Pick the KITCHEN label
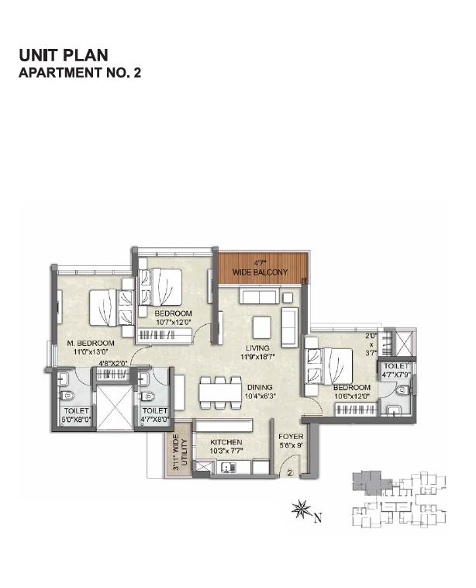click(226, 441)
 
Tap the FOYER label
click(290, 437)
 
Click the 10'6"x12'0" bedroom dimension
click(353, 396)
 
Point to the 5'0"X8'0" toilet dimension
click(76, 421)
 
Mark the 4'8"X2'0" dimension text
click(114, 363)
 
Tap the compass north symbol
click(300, 510)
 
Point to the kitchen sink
click(227, 467)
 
